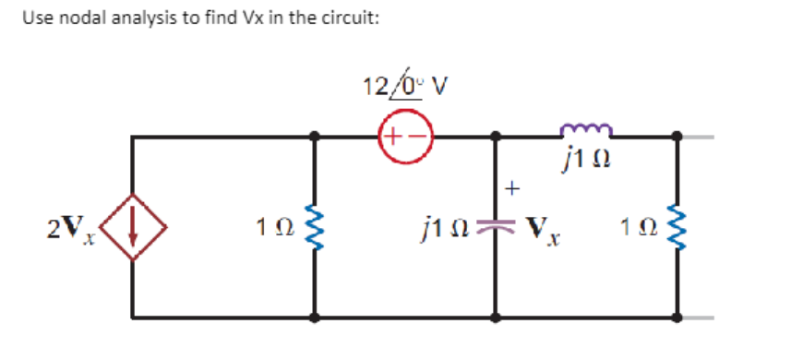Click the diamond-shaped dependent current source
[133, 227]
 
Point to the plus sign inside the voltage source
[392, 138]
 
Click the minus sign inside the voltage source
[415, 138]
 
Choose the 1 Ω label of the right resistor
[639, 227]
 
